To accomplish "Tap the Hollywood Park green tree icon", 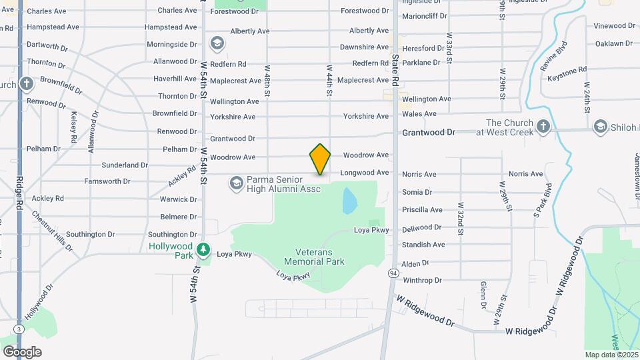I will click(x=203, y=250).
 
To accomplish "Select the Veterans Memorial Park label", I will click(x=314, y=257).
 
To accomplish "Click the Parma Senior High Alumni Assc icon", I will click(x=236, y=183).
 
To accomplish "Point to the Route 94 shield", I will click(x=395, y=273).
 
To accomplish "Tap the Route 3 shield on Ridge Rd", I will click(x=18, y=329).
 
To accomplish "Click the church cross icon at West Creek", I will click(x=543, y=127).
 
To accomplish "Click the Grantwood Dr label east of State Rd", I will click(x=428, y=133).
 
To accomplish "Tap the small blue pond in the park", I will click(x=349, y=200).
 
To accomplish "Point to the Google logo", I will click(x=21, y=351).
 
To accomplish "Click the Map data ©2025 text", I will click(x=611, y=355).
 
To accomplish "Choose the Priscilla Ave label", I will click(x=422, y=209).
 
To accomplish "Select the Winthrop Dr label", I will click(x=421, y=280).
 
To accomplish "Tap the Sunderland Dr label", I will click(x=125, y=165).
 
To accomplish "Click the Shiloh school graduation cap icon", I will click(x=600, y=127).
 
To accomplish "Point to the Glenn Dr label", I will click(x=483, y=295).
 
